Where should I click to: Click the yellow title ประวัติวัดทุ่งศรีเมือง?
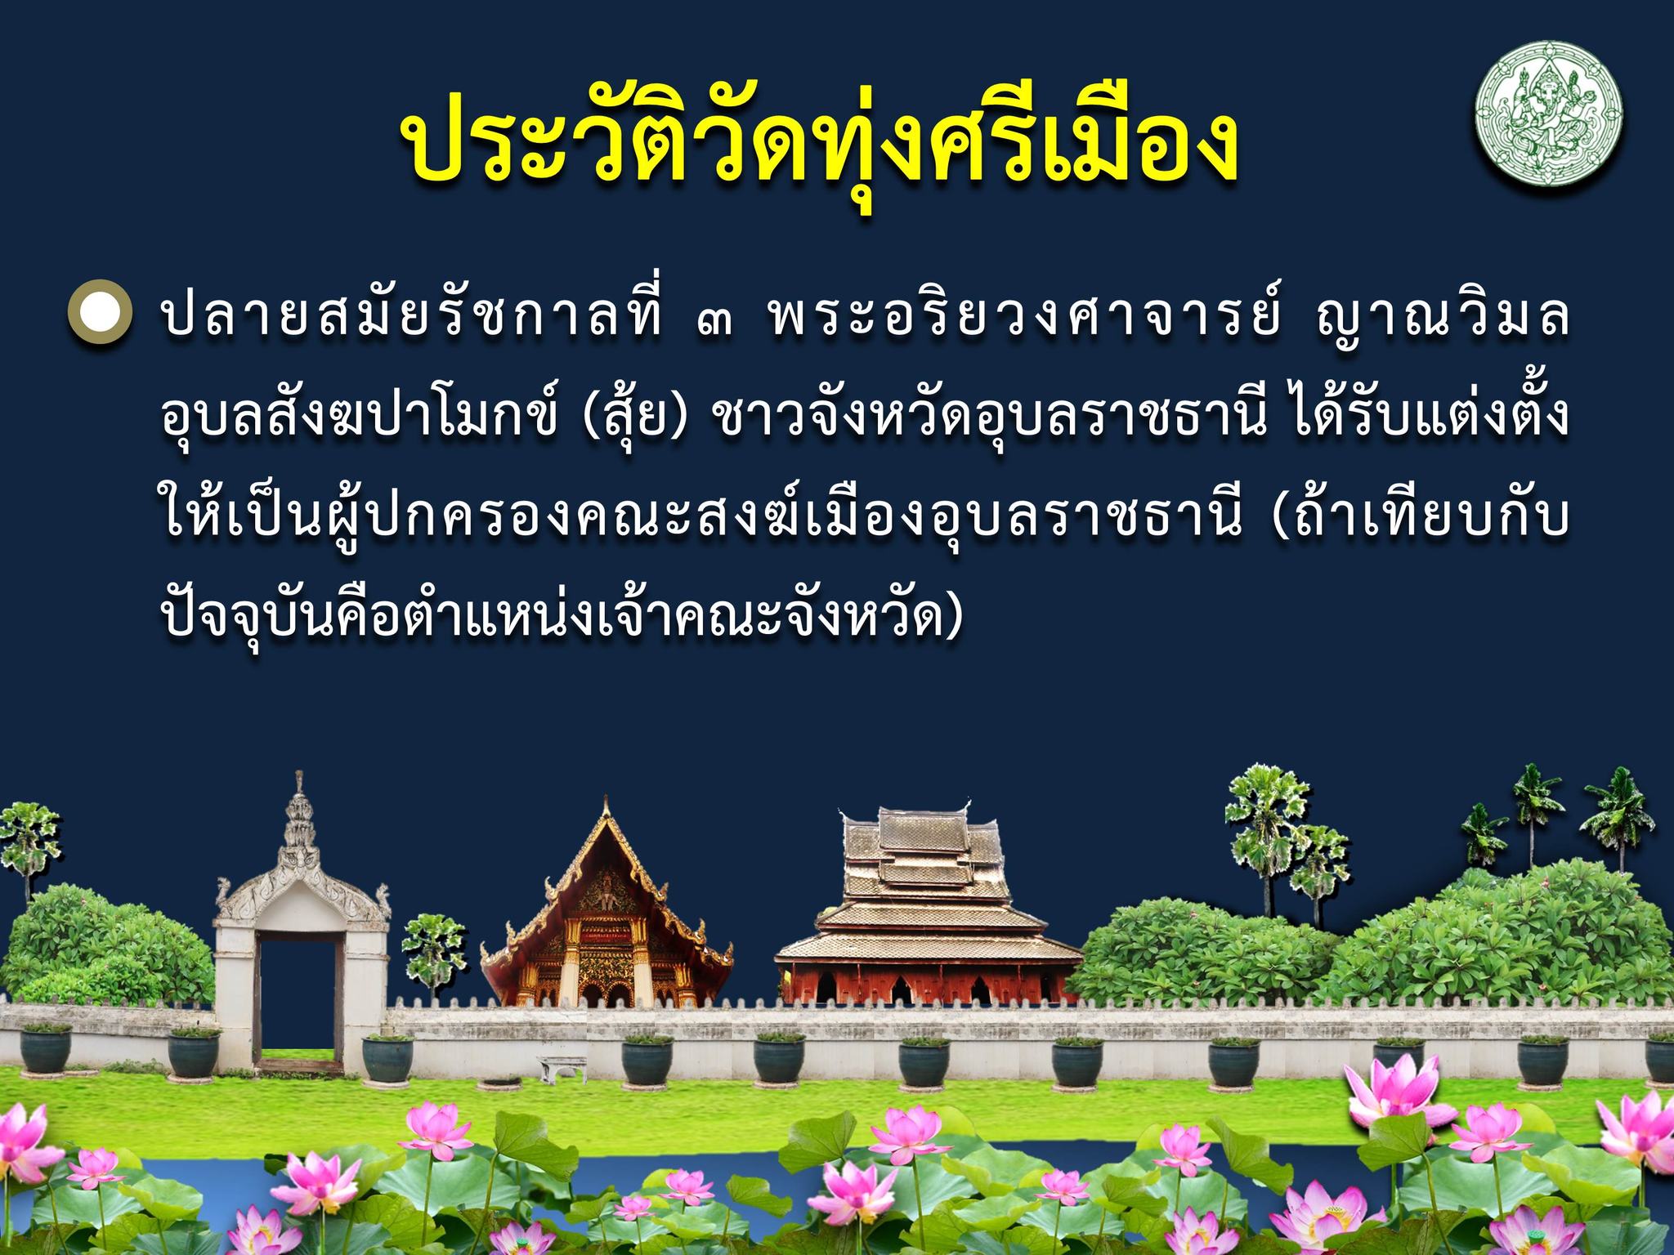click(817, 145)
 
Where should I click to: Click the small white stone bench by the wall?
click(563, 1066)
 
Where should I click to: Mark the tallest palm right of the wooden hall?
click(1267, 842)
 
